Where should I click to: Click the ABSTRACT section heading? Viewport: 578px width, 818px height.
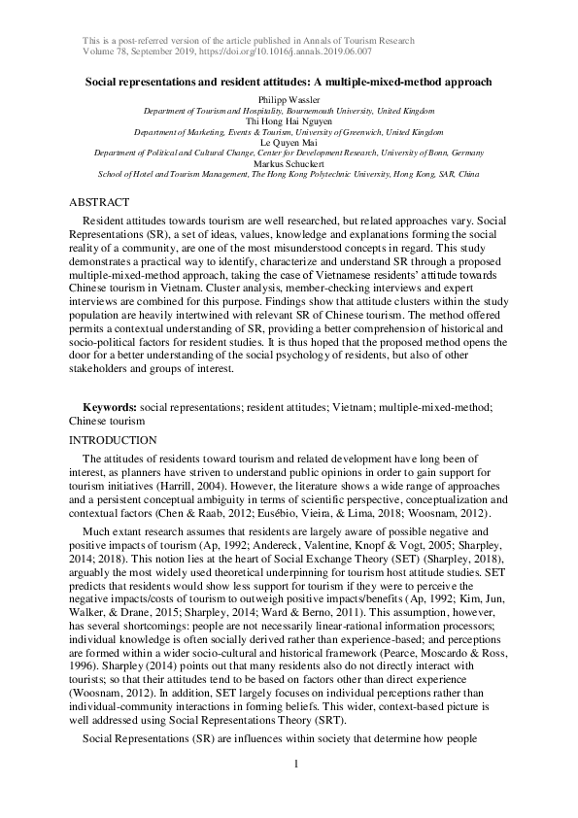[x=99, y=202]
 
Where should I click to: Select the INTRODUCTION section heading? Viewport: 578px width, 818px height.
[x=114, y=440]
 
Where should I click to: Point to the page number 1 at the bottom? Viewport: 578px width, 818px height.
[x=295, y=790]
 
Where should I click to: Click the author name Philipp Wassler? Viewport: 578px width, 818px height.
[x=289, y=100]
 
